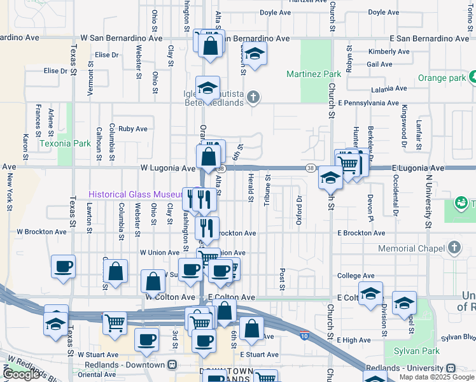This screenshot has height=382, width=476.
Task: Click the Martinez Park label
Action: click(314, 74)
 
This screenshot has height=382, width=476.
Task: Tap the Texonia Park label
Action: click(65, 143)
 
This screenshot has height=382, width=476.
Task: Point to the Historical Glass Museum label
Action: click(135, 194)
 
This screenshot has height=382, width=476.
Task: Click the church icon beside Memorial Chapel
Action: click(454, 248)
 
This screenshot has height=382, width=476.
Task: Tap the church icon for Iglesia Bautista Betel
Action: click(253, 97)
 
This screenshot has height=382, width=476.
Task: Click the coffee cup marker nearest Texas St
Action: click(63, 267)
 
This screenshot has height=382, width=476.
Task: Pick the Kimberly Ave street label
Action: click(388, 52)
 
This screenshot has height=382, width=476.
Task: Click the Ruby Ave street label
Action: click(132, 129)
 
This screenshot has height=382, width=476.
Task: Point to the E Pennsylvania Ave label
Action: click(368, 102)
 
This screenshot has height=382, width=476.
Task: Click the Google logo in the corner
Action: click(21, 374)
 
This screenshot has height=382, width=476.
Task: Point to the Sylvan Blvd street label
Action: click(461, 337)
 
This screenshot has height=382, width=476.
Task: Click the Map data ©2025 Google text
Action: click(435, 377)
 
